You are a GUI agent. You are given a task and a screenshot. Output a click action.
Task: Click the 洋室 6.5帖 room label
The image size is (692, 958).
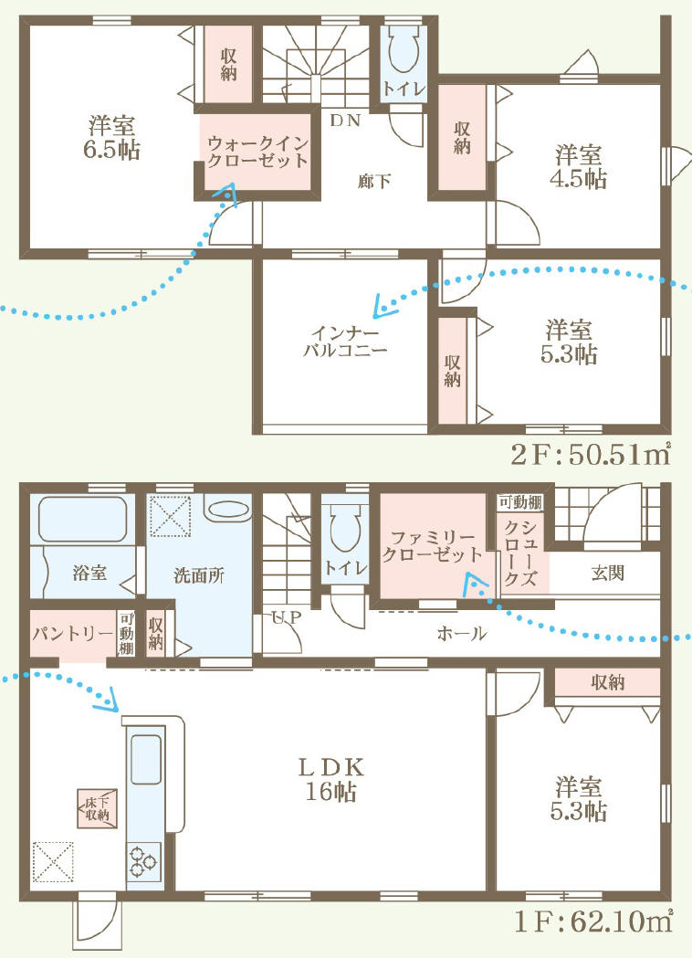111,138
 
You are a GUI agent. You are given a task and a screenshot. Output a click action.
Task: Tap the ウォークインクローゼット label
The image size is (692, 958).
257,153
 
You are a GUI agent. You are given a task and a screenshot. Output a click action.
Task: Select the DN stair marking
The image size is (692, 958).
345,121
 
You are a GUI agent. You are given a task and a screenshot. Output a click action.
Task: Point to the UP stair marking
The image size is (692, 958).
286,617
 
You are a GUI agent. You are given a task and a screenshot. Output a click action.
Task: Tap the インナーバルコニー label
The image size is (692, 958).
345,342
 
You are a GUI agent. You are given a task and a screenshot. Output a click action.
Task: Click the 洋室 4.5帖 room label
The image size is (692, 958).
578,167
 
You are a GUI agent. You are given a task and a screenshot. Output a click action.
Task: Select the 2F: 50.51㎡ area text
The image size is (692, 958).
592,454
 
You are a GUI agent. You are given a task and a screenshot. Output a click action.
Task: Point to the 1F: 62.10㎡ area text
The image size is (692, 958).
593,921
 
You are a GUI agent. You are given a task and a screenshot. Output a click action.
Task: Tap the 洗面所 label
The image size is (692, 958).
199,575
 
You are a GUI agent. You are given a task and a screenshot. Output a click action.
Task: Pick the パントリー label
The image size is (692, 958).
72,634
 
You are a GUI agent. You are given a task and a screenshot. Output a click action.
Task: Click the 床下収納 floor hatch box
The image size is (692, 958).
97,808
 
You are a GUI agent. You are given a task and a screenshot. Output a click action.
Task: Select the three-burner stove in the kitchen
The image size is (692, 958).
144,861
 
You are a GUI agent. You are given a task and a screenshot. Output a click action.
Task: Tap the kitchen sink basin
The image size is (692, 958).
146,760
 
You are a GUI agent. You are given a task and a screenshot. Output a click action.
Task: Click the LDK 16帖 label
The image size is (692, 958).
331,779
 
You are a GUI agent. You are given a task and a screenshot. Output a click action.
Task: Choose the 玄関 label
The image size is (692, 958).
608,574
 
